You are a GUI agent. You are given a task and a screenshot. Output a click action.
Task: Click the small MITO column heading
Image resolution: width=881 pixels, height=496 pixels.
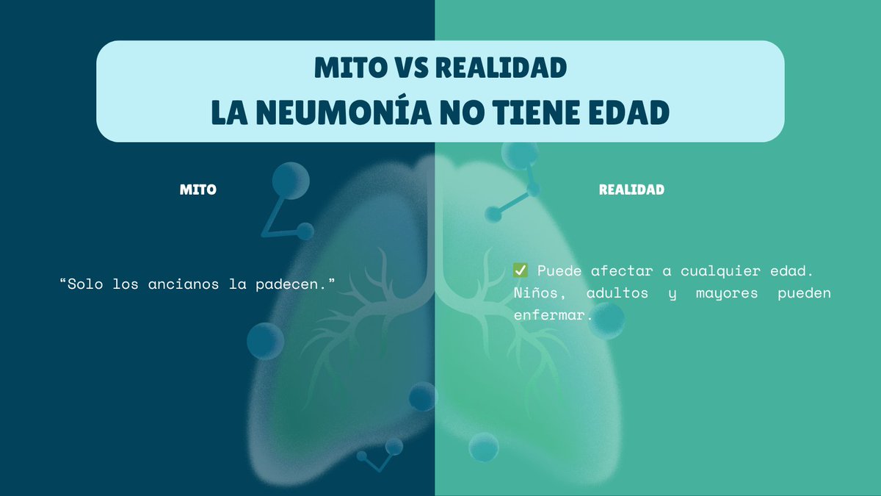point(198,190)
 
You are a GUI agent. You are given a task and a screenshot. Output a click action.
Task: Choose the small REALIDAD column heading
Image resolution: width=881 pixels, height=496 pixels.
point(631,190)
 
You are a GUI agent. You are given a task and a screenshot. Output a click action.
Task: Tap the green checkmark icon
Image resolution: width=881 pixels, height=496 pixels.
point(521,270)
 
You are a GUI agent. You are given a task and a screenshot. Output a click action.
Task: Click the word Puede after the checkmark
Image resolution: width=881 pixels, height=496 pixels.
point(559,270)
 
